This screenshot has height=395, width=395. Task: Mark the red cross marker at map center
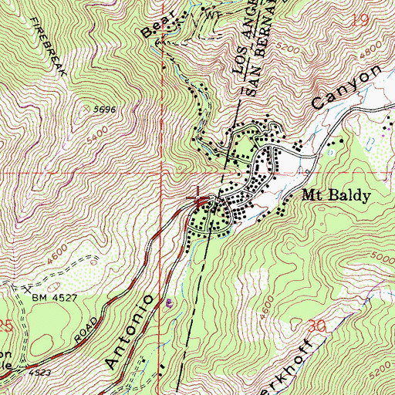199,202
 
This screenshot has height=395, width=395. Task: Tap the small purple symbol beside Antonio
170,302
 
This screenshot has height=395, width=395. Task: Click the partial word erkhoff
297,363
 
